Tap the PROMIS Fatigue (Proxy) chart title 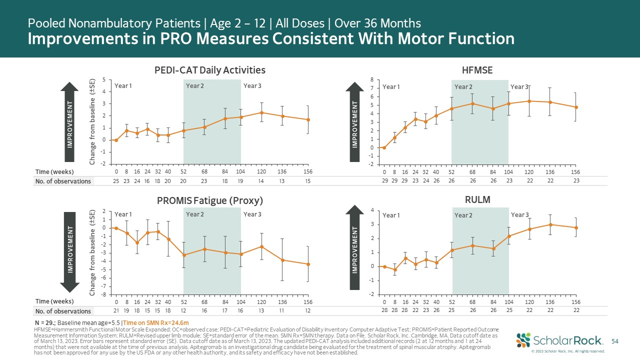pos(209,200)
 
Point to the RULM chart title pos(477,199)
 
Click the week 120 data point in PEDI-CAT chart pos(261,112)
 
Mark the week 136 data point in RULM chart pos(550,224)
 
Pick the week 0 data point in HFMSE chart pos(384,147)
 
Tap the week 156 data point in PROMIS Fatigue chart pos(308,264)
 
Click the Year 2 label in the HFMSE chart pos(463,87)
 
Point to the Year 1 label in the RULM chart pos(391,215)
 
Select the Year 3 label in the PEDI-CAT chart pos(252,85)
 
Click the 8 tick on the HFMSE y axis pos(371,79)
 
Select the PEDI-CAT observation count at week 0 pos(116,181)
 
